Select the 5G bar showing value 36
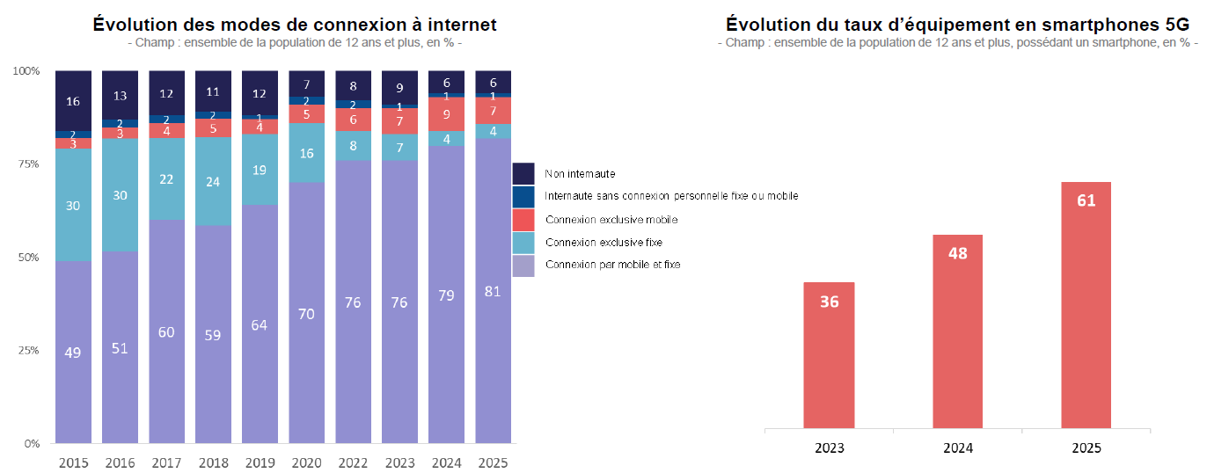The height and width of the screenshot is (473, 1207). tap(829, 356)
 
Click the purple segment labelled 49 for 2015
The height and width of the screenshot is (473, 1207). tap(73, 352)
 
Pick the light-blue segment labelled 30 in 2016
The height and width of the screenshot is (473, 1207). tap(120, 195)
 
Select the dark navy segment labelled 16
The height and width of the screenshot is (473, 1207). tap(73, 100)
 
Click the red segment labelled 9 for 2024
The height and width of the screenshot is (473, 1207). tap(446, 114)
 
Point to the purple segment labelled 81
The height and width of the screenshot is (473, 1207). tap(493, 291)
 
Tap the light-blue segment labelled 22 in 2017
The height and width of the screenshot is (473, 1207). tap(166, 179)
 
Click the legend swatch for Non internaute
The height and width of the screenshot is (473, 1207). tap(523, 173)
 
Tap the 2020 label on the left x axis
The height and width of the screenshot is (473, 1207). tap(306, 462)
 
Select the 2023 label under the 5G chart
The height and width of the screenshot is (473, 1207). tap(829, 448)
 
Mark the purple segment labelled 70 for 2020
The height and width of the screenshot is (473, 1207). tap(306, 312)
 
